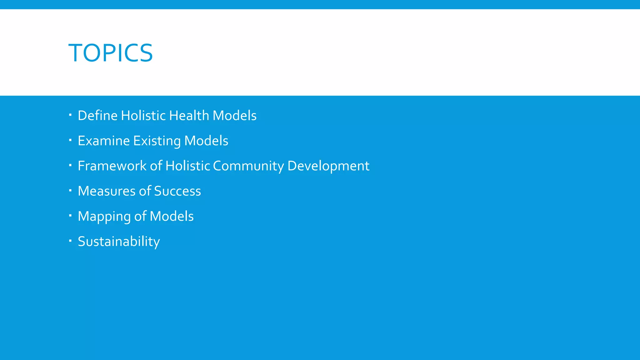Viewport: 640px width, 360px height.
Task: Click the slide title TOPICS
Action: click(x=111, y=53)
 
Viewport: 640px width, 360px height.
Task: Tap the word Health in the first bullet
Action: click(x=189, y=116)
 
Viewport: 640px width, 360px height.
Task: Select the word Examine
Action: click(x=103, y=141)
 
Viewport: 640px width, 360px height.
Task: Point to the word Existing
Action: click(x=157, y=141)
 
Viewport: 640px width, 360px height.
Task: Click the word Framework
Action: click(x=112, y=166)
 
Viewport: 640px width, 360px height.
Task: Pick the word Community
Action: click(x=248, y=166)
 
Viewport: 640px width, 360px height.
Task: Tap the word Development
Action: click(x=328, y=166)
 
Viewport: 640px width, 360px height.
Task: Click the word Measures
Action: click(x=107, y=191)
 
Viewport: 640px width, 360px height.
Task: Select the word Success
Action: click(x=177, y=191)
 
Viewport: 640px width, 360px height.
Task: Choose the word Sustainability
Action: click(x=119, y=242)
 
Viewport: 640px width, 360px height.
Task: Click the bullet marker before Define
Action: click(x=70, y=115)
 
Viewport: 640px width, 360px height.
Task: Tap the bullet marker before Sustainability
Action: click(x=70, y=241)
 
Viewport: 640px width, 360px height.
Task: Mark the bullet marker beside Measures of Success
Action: click(x=70, y=190)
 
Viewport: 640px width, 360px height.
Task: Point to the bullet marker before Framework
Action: click(x=70, y=165)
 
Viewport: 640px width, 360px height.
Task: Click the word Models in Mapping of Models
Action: click(x=172, y=216)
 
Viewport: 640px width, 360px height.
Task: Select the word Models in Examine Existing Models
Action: click(x=206, y=141)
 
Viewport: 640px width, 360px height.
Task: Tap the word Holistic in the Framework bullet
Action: click(x=187, y=166)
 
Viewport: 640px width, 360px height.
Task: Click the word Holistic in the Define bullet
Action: click(x=143, y=116)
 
